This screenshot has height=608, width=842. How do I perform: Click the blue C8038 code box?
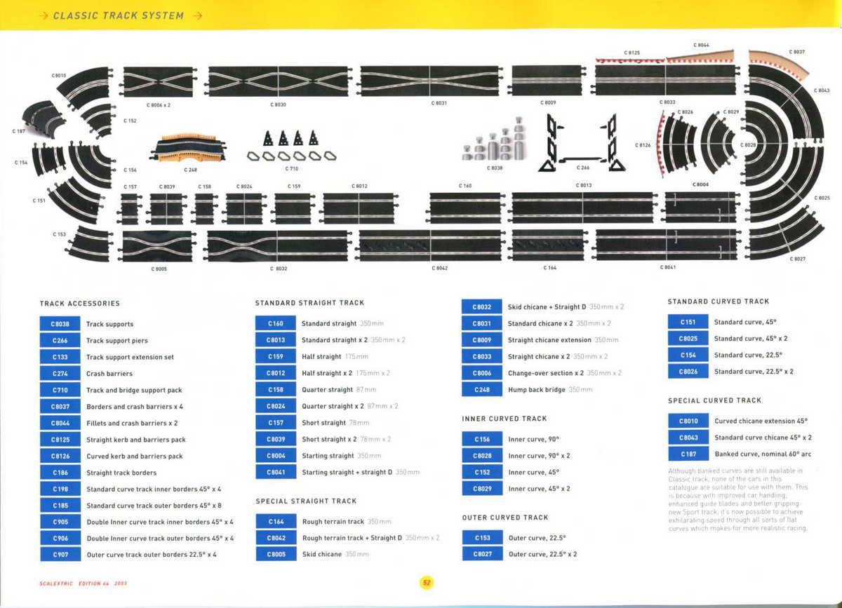click(x=60, y=324)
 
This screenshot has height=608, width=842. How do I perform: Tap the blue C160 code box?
click(x=275, y=323)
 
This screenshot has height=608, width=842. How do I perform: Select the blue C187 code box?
click(x=688, y=454)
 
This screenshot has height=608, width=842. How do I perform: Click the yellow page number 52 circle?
click(x=426, y=582)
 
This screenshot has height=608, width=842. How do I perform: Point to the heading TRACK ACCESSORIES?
click(x=80, y=304)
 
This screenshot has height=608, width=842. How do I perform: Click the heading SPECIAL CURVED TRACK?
click(x=714, y=400)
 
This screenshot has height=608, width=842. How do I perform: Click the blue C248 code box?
click(x=481, y=389)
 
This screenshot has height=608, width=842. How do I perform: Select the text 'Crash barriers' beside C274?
click(x=109, y=374)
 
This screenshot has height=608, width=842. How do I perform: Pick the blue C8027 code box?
click(x=481, y=554)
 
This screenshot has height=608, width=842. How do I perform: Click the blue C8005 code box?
click(x=275, y=554)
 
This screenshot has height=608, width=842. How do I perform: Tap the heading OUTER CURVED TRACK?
click(x=504, y=518)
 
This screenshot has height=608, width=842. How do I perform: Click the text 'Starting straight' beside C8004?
click(x=328, y=456)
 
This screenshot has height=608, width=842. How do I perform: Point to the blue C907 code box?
click(x=60, y=554)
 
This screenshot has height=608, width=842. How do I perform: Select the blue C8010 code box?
click(x=688, y=421)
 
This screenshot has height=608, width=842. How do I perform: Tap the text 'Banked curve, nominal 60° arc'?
click(x=762, y=454)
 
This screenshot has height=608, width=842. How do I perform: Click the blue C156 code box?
click(x=481, y=439)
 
